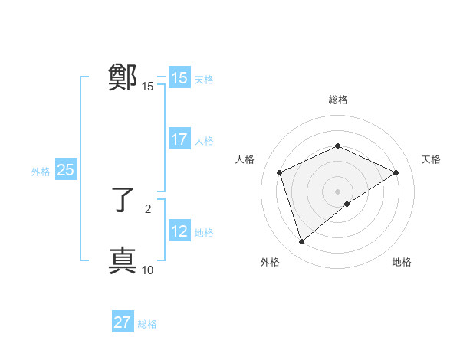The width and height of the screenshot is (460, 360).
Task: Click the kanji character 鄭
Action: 123,77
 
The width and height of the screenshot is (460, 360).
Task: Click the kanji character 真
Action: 123,260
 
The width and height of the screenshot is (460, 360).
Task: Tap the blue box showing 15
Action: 179,78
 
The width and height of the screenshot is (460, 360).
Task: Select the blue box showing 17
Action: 179,139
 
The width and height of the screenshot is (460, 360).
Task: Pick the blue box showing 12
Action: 179,231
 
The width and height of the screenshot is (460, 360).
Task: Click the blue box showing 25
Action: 65,170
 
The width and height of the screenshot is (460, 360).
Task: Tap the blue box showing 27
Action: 122,322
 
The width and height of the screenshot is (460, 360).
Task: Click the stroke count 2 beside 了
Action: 148,208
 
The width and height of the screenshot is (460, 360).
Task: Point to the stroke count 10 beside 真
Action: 148,270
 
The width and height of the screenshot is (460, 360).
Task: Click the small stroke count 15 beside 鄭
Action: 148,87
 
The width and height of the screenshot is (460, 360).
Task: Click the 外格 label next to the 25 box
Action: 41,172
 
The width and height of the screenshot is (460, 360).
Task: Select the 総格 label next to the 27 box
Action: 147,324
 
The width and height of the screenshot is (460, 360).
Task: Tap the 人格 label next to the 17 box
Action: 204,141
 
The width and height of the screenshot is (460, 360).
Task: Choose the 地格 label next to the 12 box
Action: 204,233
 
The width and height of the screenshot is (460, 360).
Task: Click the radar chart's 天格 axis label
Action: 431,159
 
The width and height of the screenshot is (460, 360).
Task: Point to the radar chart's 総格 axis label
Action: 337,100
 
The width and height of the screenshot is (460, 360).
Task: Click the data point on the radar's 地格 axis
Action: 347,204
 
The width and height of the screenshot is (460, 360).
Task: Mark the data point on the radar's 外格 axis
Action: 302,242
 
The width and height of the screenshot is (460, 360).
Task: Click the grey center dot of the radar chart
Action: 337,191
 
